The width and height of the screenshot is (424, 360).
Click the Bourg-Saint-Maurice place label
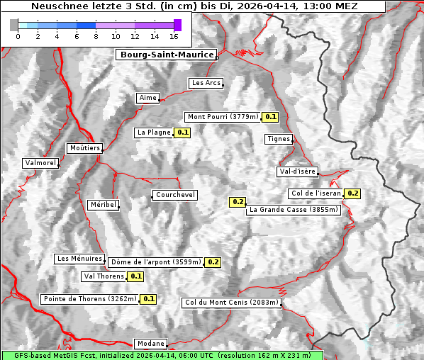point(166,55)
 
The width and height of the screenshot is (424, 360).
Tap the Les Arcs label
point(206,83)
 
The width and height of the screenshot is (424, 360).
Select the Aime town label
point(147,98)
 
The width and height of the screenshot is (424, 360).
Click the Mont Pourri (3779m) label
point(222,117)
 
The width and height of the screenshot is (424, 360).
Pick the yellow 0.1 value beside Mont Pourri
point(270,117)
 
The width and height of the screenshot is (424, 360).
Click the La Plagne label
point(154,133)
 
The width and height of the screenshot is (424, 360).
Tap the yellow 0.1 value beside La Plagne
point(182,133)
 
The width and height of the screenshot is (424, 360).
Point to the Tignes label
point(279,139)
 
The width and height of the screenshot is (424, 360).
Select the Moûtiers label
point(84,148)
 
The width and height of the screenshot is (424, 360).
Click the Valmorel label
point(40,163)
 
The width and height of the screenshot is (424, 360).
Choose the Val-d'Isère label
point(297,171)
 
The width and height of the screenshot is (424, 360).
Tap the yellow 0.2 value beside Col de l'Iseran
point(352,193)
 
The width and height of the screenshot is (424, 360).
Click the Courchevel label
point(175,195)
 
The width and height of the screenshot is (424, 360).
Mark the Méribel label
point(103,205)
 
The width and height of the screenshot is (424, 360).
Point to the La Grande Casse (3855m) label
point(294,210)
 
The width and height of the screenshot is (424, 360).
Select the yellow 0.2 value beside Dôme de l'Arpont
point(213,262)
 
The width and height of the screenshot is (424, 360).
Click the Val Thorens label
point(104,276)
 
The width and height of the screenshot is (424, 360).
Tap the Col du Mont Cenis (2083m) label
point(231,303)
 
